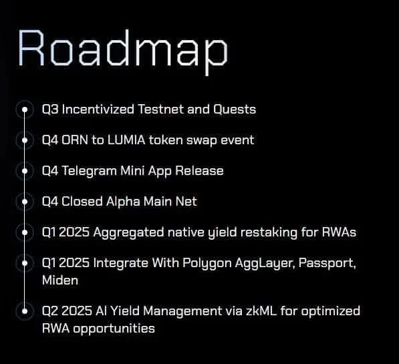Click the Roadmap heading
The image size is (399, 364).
123,51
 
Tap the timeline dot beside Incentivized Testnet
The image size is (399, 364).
25,110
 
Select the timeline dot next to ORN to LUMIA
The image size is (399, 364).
25,140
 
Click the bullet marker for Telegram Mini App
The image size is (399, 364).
25,171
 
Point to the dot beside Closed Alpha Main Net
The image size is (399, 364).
25,202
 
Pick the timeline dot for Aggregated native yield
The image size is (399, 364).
25,232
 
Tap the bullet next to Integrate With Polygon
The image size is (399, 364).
25,263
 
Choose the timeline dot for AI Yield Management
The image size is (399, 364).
25,311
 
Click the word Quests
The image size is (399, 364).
235,110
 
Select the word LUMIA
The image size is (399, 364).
126,140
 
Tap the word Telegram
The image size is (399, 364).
90,171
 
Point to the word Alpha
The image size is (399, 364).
123,202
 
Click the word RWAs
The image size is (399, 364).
339,232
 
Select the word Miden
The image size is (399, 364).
60,281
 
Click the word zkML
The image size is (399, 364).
261,311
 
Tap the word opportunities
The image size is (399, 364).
114,329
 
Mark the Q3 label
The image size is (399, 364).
50,110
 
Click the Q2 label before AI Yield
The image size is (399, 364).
50,311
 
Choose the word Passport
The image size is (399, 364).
327,263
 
